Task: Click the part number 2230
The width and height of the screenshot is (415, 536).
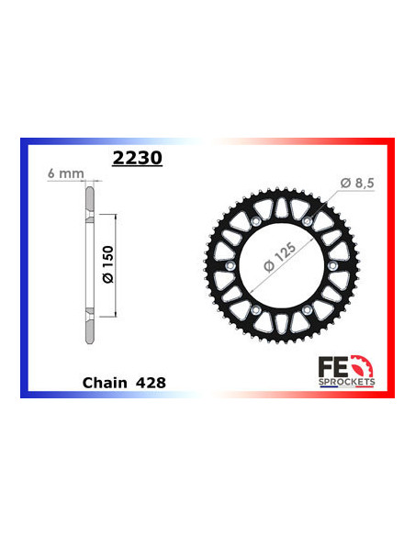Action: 136,158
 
